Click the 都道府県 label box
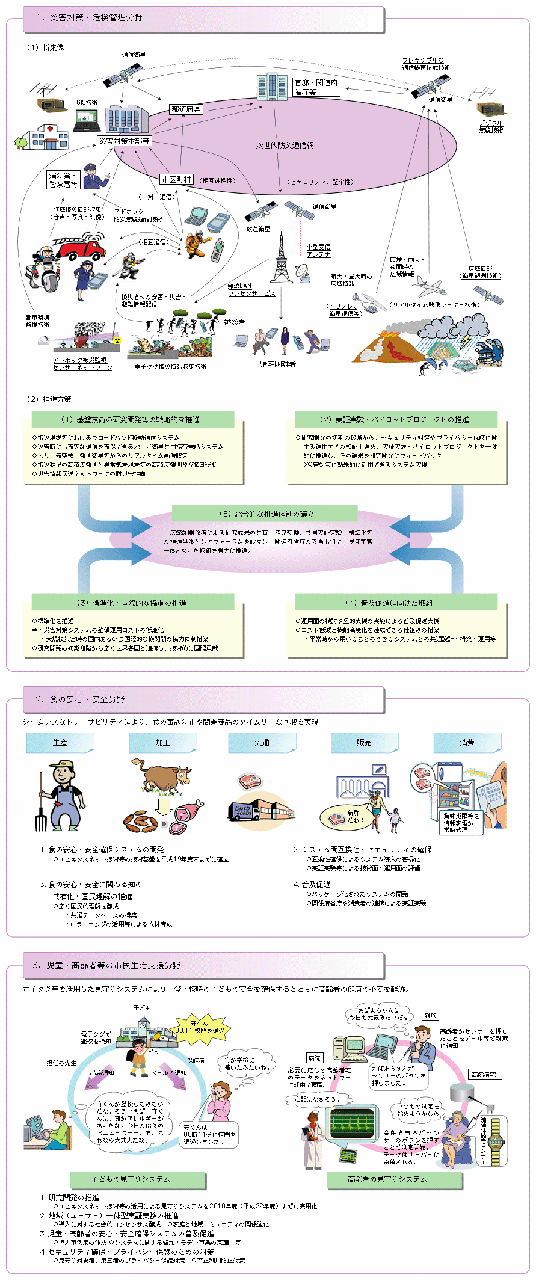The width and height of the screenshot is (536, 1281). coord(186,109)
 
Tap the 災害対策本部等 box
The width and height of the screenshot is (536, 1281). coord(125,141)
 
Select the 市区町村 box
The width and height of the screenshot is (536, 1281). coord(176,179)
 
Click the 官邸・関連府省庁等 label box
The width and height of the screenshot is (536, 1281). coord(316,87)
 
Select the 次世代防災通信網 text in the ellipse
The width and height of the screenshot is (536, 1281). coord(285,145)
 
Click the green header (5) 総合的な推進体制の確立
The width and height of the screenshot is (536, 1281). coord(265,514)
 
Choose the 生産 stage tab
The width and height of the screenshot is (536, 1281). coord(60,743)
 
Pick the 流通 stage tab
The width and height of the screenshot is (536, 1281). coord(262,743)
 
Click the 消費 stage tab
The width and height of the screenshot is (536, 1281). coord(467,743)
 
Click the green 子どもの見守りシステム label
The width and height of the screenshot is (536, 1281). coord(138,1179)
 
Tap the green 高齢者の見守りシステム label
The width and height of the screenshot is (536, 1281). coord(394,1179)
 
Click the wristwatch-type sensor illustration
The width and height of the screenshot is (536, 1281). coord(496,1140)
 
